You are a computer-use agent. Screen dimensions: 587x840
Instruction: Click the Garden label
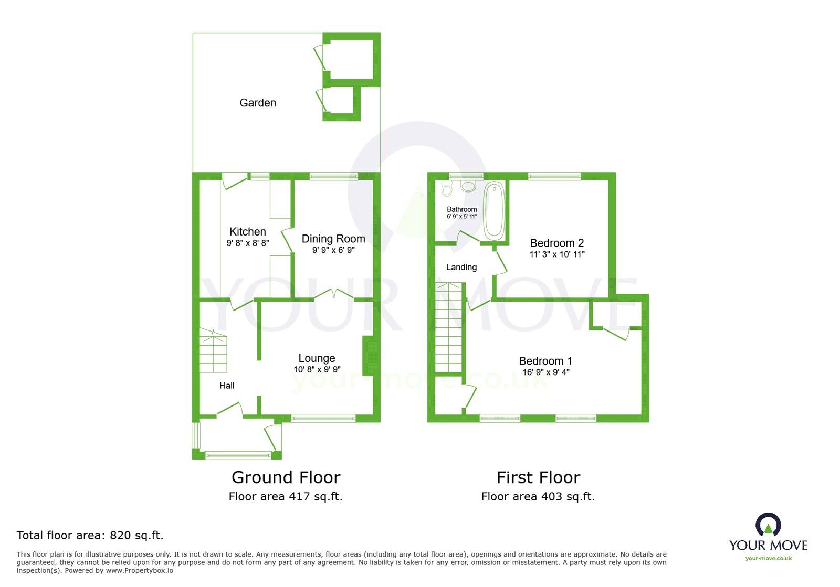[258, 103]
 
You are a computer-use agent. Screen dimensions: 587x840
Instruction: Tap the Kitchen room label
[248, 231]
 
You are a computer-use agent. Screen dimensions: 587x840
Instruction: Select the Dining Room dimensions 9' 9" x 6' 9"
[333, 250]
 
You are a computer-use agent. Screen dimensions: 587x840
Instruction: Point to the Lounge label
[317, 358]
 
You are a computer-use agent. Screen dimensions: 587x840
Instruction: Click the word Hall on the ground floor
[227, 386]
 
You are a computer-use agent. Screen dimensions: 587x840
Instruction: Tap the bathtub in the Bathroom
[493, 210]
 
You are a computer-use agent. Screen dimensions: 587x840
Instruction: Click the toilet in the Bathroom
[447, 188]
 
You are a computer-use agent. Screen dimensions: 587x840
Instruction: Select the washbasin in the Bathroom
[468, 186]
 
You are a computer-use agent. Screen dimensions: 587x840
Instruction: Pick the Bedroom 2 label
[556, 243]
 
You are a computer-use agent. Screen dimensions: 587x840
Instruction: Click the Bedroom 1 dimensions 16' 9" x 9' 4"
[546, 372]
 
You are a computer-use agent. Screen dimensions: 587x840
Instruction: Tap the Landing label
[461, 267]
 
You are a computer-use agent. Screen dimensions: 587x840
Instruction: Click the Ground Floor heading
[286, 477]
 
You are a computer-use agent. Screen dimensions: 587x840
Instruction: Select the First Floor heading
[538, 477]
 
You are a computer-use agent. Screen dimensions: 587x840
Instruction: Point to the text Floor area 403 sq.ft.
[538, 496]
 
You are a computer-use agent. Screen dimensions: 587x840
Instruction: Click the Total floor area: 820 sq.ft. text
[90, 535]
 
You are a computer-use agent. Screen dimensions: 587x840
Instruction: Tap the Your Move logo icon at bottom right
[768, 525]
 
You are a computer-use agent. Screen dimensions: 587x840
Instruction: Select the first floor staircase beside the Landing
[448, 328]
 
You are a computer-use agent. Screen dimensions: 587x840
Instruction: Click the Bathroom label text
[462, 209]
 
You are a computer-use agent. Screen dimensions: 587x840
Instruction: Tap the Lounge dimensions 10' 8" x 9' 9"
[317, 369]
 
